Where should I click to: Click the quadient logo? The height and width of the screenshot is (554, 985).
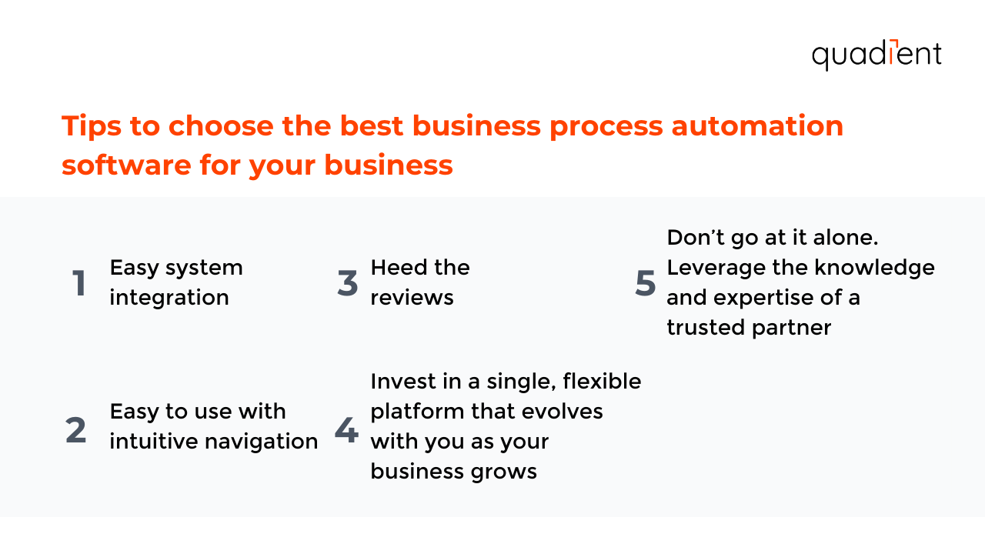(x=876, y=55)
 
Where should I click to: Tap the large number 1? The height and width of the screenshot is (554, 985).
(x=78, y=283)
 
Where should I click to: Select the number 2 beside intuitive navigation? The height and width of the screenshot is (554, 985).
(x=76, y=430)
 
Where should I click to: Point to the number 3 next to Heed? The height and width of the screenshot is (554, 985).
(x=348, y=283)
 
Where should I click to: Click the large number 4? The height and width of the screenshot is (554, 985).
(x=346, y=430)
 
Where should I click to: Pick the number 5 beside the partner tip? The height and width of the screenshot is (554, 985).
(x=645, y=283)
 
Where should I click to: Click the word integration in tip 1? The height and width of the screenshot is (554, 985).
(x=169, y=298)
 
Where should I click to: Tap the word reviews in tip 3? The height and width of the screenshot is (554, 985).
(x=412, y=298)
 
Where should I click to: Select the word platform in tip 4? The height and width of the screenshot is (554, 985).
(x=416, y=411)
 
